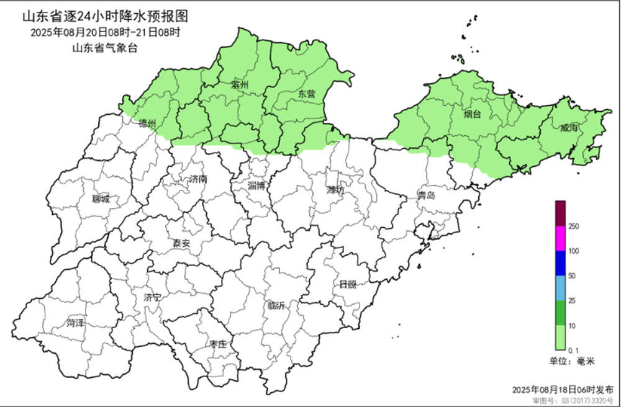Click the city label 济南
[198, 179]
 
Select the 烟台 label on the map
[472, 114]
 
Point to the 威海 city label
[569, 128]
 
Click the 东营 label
[306, 94]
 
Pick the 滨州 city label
[239, 84]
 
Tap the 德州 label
[148, 122]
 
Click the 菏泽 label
[76, 323]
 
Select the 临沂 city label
[276, 305]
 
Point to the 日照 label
[348, 285]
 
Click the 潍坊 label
[335, 190]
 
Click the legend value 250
[574, 226]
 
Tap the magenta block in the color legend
[560, 239]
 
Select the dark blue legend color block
[560, 263]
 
